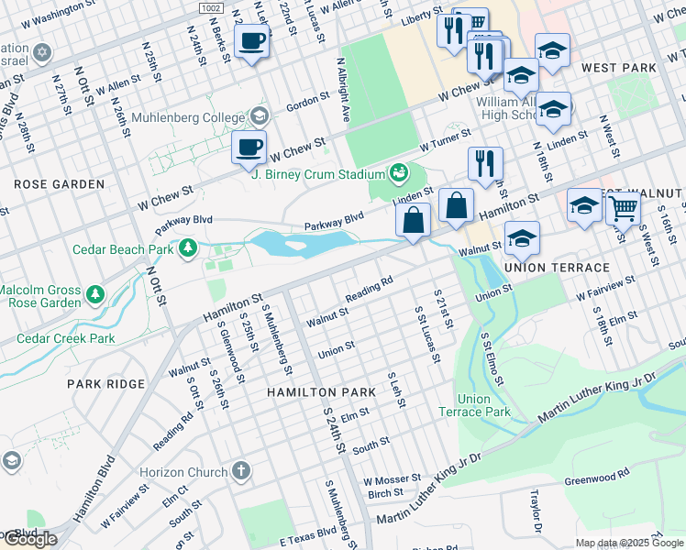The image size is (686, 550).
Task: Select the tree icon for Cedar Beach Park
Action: pos(188,247)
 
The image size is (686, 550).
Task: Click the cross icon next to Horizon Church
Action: pos(241,471)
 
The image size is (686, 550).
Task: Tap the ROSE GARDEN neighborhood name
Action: pos(59,184)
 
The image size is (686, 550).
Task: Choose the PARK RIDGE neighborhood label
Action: pos(106,383)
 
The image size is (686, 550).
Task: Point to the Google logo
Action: pos(29,539)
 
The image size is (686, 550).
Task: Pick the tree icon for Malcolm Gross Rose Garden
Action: pos(94,296)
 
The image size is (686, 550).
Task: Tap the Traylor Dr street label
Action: pos(535,511)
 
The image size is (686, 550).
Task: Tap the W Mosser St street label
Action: pos(392,479)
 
